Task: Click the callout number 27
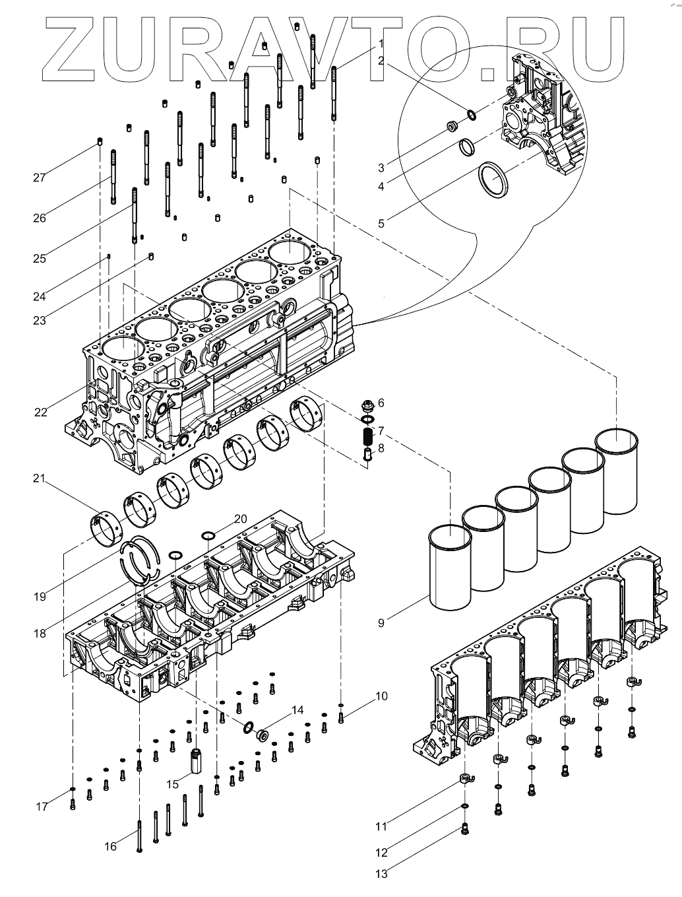pyautogui.click(x=39, y=178)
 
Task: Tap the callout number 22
pyautogui.click(x=41, y=413)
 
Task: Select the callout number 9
pyautogui.click(x=381, y=623)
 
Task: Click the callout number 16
pyautogui.click(x=110, y=846)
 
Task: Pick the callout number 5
pyautogui.click(x=381, y=224)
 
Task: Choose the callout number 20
pyautogui.click(x=241, y=519)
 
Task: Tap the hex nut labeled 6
pyautogui.click(x=368, y=406)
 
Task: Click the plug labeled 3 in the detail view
pyautogui.click(x=452, y=126)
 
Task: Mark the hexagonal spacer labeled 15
pyautogui.click(x=197, y=760)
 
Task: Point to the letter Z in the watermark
pyautogui.click(x=69, y=49)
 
